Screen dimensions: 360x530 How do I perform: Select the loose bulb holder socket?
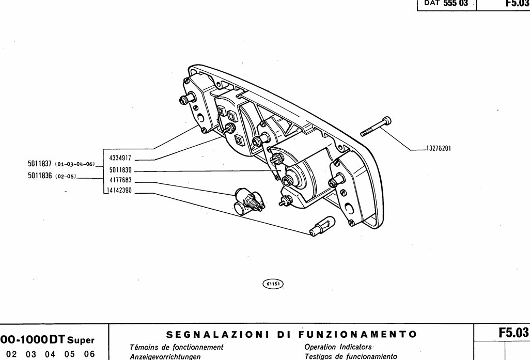(247, 200)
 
